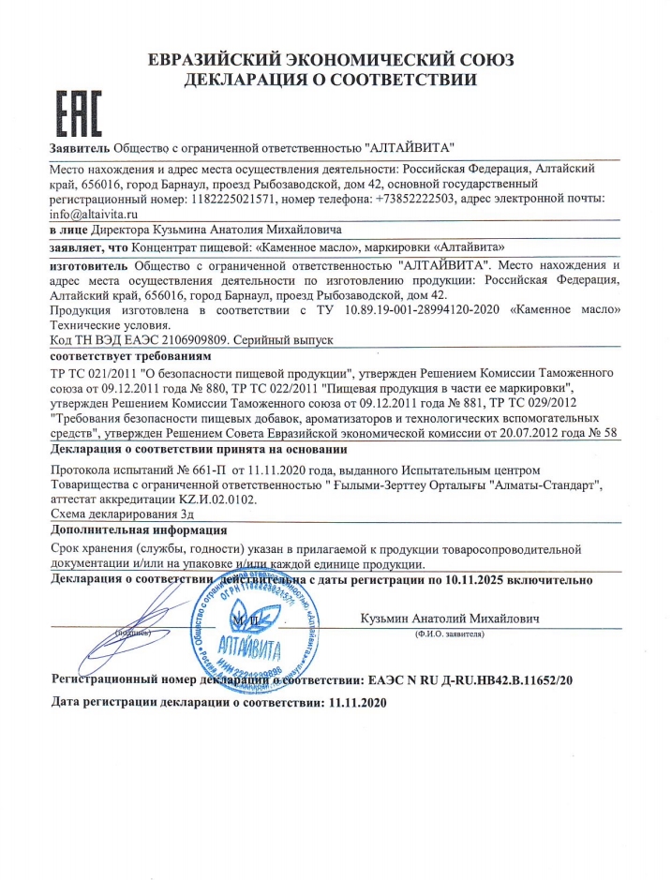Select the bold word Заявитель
coord(80,149)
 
